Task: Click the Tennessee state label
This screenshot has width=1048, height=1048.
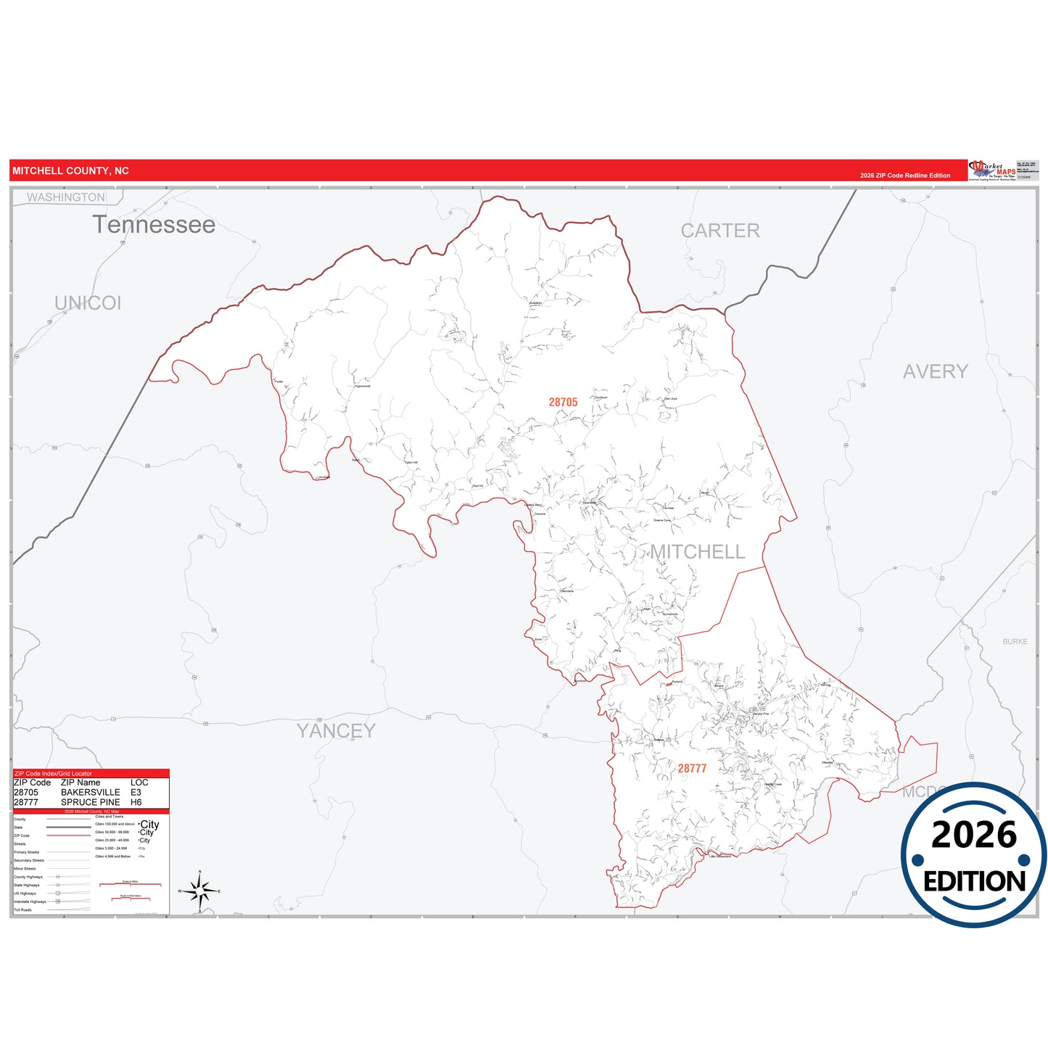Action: pos(154,225)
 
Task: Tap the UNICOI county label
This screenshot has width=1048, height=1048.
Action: pos(88,303)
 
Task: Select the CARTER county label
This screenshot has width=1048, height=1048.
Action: pos(719,231)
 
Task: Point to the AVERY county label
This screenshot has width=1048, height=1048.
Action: pos(935,371)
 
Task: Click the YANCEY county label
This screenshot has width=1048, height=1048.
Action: pos(336,730)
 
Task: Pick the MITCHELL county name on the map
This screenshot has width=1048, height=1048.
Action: pos(697,552)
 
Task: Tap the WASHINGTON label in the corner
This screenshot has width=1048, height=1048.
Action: pos(66,197)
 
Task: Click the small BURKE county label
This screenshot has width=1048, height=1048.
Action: pos(1015,642)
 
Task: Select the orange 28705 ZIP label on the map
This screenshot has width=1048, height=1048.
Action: pos(563,403)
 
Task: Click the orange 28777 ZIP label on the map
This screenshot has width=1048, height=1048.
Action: pos(692,769)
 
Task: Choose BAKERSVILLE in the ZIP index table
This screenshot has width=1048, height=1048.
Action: pos(91,793)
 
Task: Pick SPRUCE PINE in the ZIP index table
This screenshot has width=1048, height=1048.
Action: pos(91,802)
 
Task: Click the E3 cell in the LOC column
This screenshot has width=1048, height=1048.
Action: pos(136,793)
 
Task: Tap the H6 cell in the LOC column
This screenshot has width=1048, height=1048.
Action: pos(136,802)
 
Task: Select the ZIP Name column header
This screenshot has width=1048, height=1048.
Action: pos(81,783)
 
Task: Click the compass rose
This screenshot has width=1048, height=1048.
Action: pos(199,891)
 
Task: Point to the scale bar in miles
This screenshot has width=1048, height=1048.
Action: pos(130,884)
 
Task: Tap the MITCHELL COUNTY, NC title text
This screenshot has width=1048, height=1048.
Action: pos(70,171)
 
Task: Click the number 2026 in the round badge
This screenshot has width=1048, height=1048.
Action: pos(973,835)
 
